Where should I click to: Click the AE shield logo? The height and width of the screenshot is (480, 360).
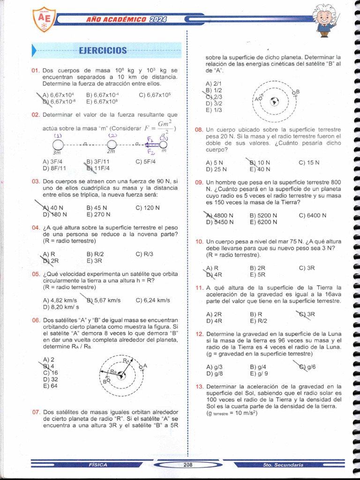coord(44,19)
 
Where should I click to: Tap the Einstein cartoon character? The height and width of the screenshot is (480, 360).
coord(324,20)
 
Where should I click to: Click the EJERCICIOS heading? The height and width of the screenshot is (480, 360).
coord(103,50)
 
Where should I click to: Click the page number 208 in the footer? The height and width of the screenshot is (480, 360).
coord(188,465)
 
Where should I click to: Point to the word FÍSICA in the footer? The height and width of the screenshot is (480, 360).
coord(97,465)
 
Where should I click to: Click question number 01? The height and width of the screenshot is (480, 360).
coord(35,70)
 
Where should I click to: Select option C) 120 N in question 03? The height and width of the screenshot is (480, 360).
coord(148,208)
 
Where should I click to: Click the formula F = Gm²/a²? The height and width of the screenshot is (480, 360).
coord(160,127)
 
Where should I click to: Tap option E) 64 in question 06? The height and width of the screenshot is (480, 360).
coord(50,386)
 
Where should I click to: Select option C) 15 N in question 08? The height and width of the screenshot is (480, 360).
coord(309,163)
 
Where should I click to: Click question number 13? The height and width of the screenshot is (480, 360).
coord(199,386)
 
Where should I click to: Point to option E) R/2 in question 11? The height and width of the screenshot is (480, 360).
coord(259,321)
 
